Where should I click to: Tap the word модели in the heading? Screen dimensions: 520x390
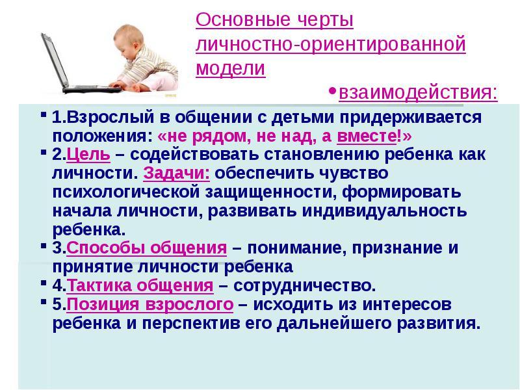pyautogui.click(x=231, y=68)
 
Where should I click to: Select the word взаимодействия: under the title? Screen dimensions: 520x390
pyautogui.click(x=418, y=92)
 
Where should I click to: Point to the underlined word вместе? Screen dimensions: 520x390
pyautogui.click(x=367, y=136)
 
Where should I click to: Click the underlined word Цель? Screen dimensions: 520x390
pyautogui.click(x=88, y=155)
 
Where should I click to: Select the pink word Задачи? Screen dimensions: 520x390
pyautogui.click(x=176, y=173)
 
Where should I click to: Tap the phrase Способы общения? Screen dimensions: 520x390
pyautogui.click(x=147, y=248)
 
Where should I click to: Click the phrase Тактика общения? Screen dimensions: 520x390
pyautogui.click(x=140, y=285)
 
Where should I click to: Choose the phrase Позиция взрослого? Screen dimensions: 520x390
pyautogui.click(x=150, y=304)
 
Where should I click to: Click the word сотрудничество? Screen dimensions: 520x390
pyautogui.click(x=304, y=285)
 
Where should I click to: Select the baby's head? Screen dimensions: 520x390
pyautogui.click(x=129, y=40)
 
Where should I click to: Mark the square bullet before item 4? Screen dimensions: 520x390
pyautogui.click(x=44, y=283)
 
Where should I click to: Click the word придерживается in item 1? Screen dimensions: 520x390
pyautogui.click(x=411, y=118)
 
